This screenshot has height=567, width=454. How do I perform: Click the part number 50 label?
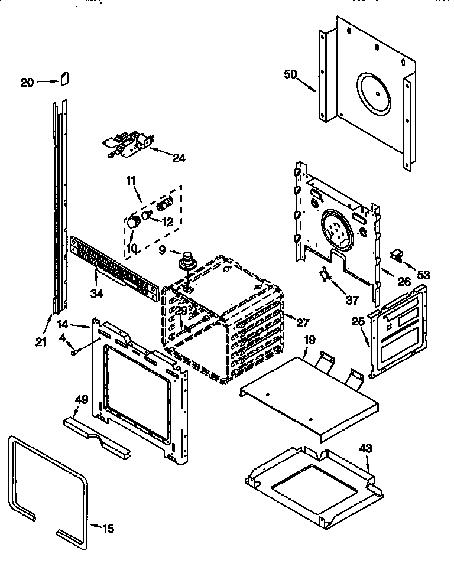291,74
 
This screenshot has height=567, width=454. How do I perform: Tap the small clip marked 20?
65,79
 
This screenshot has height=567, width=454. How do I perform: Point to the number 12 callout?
169,221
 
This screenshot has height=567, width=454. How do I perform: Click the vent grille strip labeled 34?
112,266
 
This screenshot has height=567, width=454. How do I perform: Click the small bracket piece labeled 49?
98,430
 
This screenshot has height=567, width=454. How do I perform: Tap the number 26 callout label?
403,282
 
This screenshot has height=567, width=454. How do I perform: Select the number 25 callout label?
358,322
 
